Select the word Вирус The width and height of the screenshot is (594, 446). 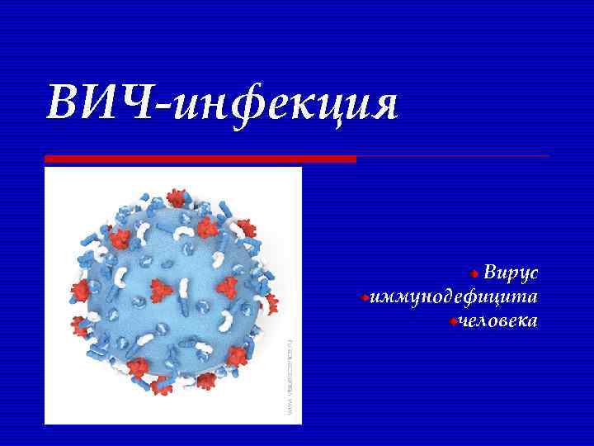(511, 273)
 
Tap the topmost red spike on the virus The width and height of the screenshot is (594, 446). (175, 198)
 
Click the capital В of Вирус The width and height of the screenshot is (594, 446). (491, 273)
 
